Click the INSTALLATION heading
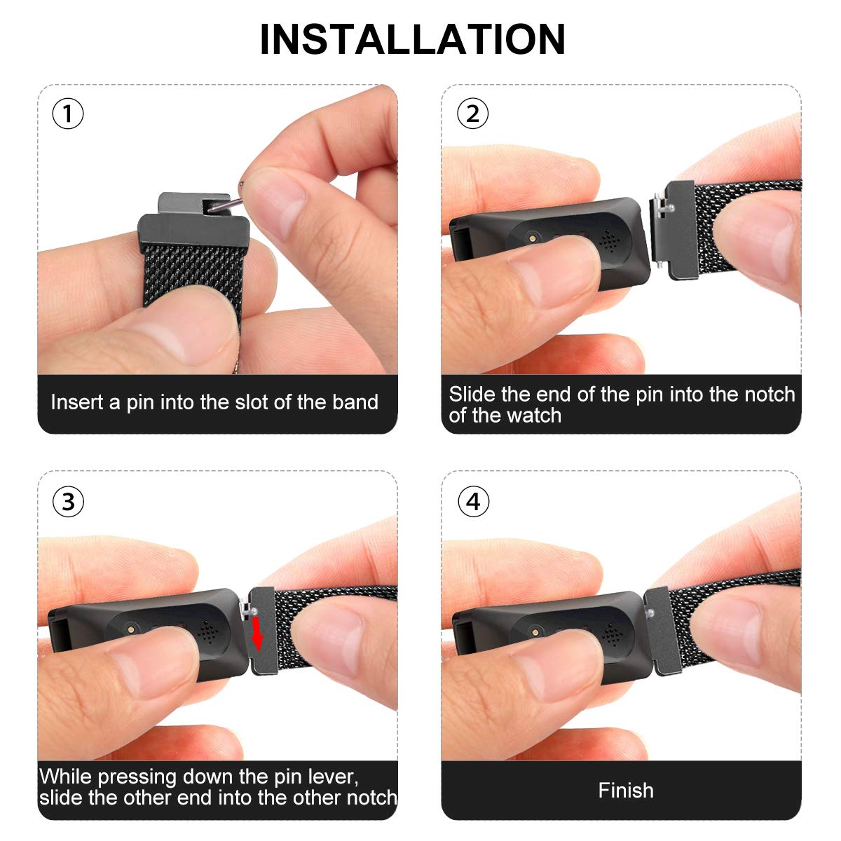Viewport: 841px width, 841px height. click(412, 39)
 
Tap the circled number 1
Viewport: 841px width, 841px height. click(68, 114)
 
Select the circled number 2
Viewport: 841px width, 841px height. click(472, 114)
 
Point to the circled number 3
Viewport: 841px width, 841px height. click(68, 502)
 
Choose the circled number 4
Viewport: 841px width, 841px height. click(474, 502)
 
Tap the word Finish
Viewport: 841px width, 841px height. click(626, 791)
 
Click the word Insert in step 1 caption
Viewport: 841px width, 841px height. click(77, 402)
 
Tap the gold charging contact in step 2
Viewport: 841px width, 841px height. click(531, 238)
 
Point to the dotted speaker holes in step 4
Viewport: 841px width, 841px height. click(613, 634)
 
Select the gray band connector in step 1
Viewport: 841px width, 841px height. click(193, 223)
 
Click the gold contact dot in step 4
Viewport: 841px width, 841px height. click(535, 631)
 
